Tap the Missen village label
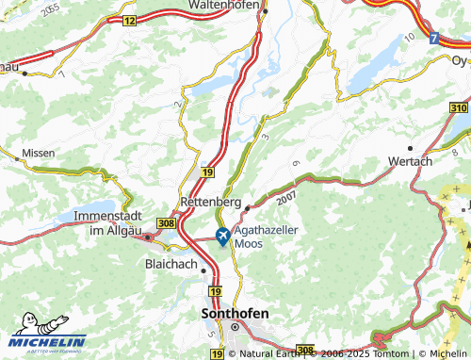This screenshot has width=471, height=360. (x=39, y=151)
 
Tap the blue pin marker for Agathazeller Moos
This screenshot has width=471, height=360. (x=222, y=236)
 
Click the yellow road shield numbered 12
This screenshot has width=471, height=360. (x=130, y=20)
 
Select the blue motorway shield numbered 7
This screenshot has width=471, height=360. (x=433, y=39)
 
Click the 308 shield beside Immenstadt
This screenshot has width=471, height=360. (x=167, y=222)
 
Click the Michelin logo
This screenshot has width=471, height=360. (x=47, y=342)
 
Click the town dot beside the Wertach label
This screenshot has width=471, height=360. (x=411, y=148)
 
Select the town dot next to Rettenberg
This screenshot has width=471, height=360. (x=247, y=205)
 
